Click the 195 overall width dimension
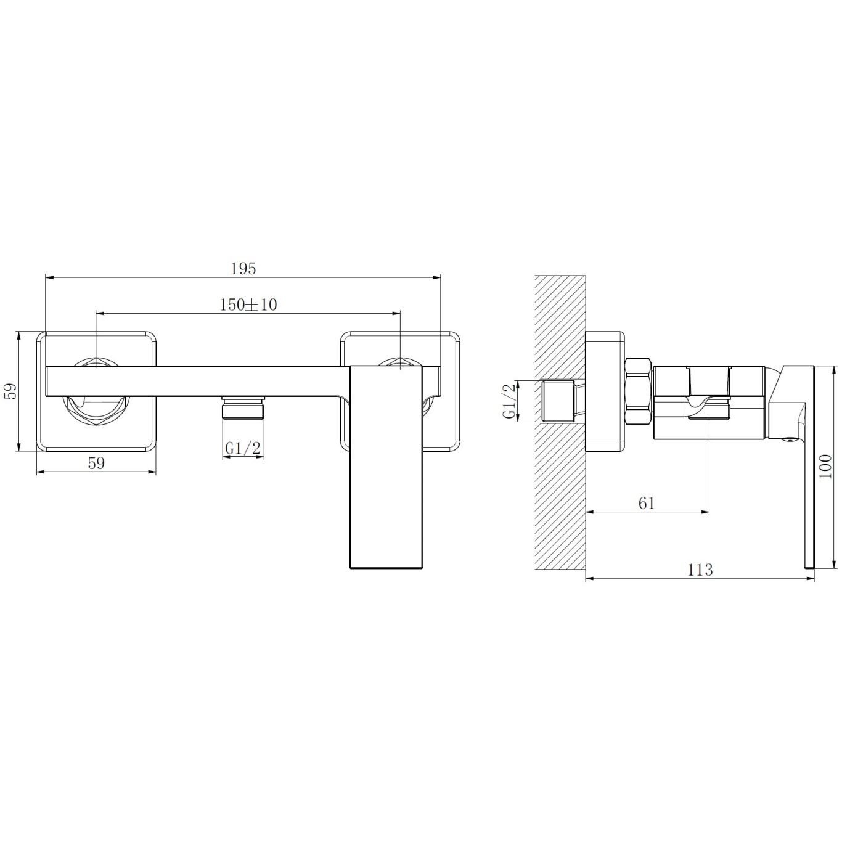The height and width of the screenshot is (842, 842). coord(243,269)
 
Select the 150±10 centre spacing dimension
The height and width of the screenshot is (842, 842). coord(248,305)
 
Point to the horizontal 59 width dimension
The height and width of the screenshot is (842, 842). coord(96,463)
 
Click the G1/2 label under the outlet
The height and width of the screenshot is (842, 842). coord(243,448)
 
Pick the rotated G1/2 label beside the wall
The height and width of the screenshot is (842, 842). coord(510,401)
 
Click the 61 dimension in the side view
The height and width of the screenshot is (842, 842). coord(647,503)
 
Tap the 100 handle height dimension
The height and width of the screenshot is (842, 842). coord(825,466)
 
